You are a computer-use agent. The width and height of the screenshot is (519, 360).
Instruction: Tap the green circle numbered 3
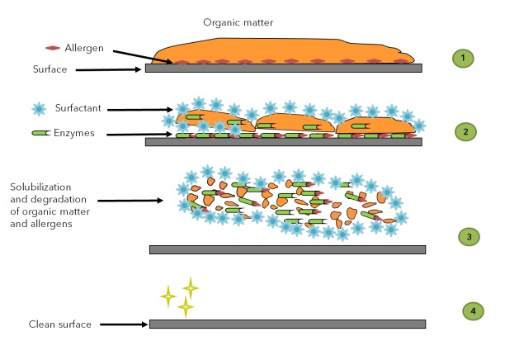click(469, 236)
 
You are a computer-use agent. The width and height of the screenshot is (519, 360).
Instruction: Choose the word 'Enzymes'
click(74, 132)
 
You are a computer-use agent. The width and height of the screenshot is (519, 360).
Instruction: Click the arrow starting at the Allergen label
click(141, 55)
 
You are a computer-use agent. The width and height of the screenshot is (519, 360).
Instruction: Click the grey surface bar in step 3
click(286, 249)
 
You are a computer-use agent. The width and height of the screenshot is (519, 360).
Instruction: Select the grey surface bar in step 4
click(286, 324)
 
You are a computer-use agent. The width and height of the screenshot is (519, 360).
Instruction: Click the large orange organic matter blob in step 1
click(281, 50)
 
